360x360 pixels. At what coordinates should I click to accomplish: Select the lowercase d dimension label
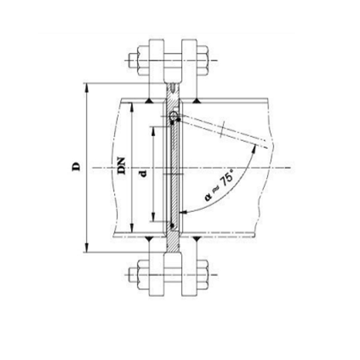pos(142,174)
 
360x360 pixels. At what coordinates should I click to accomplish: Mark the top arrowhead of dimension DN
pos(130,106)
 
